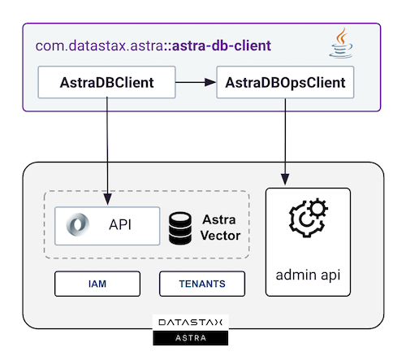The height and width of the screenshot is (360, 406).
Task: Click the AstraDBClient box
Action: pyautogui.click(x=106, y=82)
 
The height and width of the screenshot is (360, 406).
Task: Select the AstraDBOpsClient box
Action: pyautogui.click(x=285, y=82)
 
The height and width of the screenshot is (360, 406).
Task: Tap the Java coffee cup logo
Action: pyautogui.click(x=341, y=42)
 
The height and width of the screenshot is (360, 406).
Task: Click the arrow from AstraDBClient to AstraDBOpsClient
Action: pyautogui.click(x=196, y=82)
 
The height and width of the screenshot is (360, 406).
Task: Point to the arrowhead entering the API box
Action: pyautogui.click(x=107, y=199)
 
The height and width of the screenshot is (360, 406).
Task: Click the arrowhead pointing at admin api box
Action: pyautogui.click(x=285, y=180)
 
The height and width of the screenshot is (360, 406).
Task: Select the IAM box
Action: pyautogui.click(x=97, y=284)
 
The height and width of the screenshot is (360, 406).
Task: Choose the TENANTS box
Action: pyautogui.click(x=202, y=284)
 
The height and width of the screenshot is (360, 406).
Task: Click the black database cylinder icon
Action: pyautogui.click(x=180, y=228)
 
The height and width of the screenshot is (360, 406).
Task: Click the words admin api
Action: pyautogui.click(x=308, y=275)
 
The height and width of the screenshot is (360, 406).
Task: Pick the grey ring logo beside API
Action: pyautogui.click(x=78, y=224)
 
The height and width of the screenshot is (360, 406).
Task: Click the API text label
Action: pyautogui.click(x=120, y=225)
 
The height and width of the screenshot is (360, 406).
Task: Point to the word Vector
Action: pyautogui.click(x=220, y=236)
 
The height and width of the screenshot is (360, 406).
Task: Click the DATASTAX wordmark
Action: pyautogui.click(x=191, y=323)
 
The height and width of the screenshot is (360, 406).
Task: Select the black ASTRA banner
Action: pyautogui.click(x=191, y=338)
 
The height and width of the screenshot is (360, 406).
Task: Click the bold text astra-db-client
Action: pyautogui.click(x=222, y=46)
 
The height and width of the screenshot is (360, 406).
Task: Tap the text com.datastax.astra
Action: pyautogui.click(x=99, y=46)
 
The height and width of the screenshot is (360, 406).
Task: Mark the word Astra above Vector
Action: pyautogui.click(x=219, y=219)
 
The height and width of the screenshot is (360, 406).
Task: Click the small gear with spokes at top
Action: pyautogui.click(x=317, y=209)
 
